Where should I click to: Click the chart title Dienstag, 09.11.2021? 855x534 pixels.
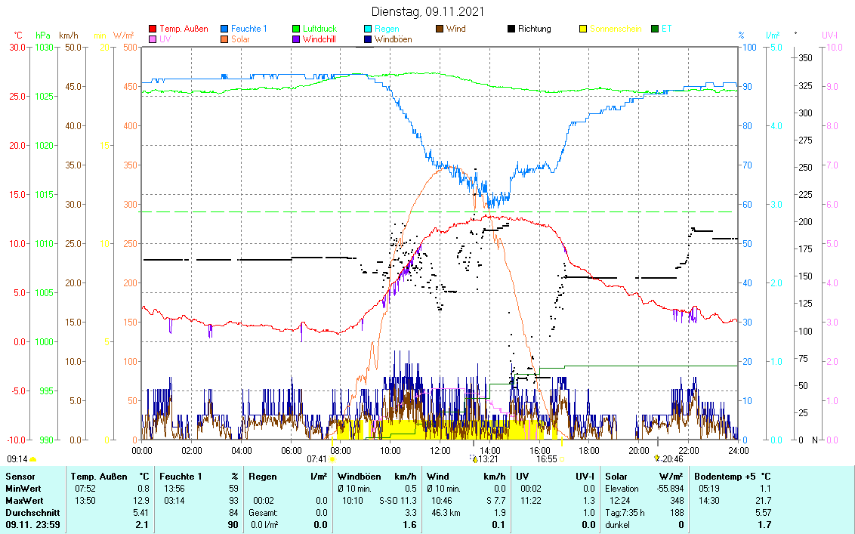pos(427,12)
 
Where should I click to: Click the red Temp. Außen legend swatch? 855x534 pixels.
pos(153,29)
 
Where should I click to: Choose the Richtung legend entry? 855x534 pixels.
pos(534,29)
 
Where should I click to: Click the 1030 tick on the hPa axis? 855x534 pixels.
pos(43,47)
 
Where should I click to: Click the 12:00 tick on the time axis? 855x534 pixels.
pos(440,450)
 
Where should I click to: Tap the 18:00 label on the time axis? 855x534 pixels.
pos(588,450)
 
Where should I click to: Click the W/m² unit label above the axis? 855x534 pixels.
pos(124,35)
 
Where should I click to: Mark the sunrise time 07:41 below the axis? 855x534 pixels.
pos(316,458)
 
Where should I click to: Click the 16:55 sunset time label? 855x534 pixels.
pos(547,458)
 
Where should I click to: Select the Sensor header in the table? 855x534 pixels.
pos(19,477)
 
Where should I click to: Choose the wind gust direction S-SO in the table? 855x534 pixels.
pos(388,501)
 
